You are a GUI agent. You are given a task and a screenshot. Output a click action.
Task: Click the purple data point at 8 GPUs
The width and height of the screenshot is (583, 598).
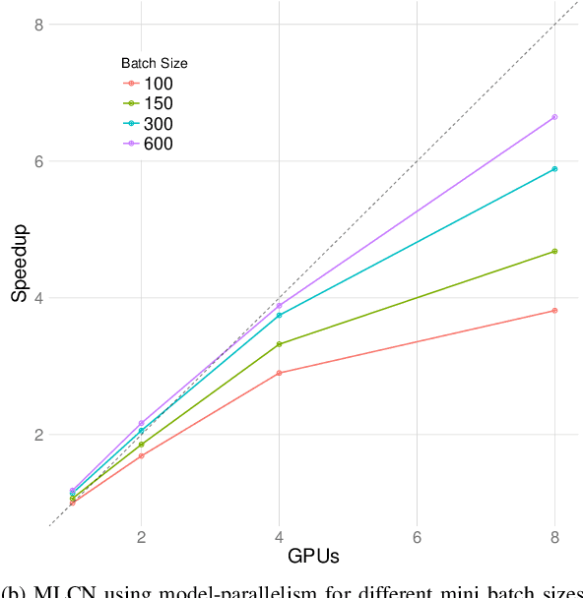[554, 117]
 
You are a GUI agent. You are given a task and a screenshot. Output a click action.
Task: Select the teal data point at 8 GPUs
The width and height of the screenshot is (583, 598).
[554, 169]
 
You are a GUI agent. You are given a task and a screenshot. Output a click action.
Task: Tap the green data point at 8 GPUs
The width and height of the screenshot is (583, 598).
[554, 252]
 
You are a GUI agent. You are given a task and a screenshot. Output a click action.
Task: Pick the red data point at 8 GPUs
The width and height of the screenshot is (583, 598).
[554, 311]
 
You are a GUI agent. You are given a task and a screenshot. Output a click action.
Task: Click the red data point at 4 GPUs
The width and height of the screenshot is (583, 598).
[280, 373]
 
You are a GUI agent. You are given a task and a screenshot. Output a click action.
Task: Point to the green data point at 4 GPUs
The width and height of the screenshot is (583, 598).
[280, 344]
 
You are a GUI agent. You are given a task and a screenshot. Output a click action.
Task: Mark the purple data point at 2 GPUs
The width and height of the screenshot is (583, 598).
[142, 423]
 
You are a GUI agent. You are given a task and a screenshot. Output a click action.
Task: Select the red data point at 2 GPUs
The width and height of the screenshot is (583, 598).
[142, 455]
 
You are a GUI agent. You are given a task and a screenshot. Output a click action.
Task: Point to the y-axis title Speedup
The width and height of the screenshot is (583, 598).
[19, 268]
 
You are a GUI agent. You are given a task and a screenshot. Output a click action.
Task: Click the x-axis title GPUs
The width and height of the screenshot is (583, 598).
[313, 557]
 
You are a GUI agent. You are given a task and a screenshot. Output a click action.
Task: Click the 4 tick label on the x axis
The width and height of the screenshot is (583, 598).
[280, 538]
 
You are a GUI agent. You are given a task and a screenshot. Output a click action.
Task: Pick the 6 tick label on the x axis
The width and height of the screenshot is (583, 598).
[418, 538]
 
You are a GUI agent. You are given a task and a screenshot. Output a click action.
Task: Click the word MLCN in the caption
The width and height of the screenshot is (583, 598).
[60, 590]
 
